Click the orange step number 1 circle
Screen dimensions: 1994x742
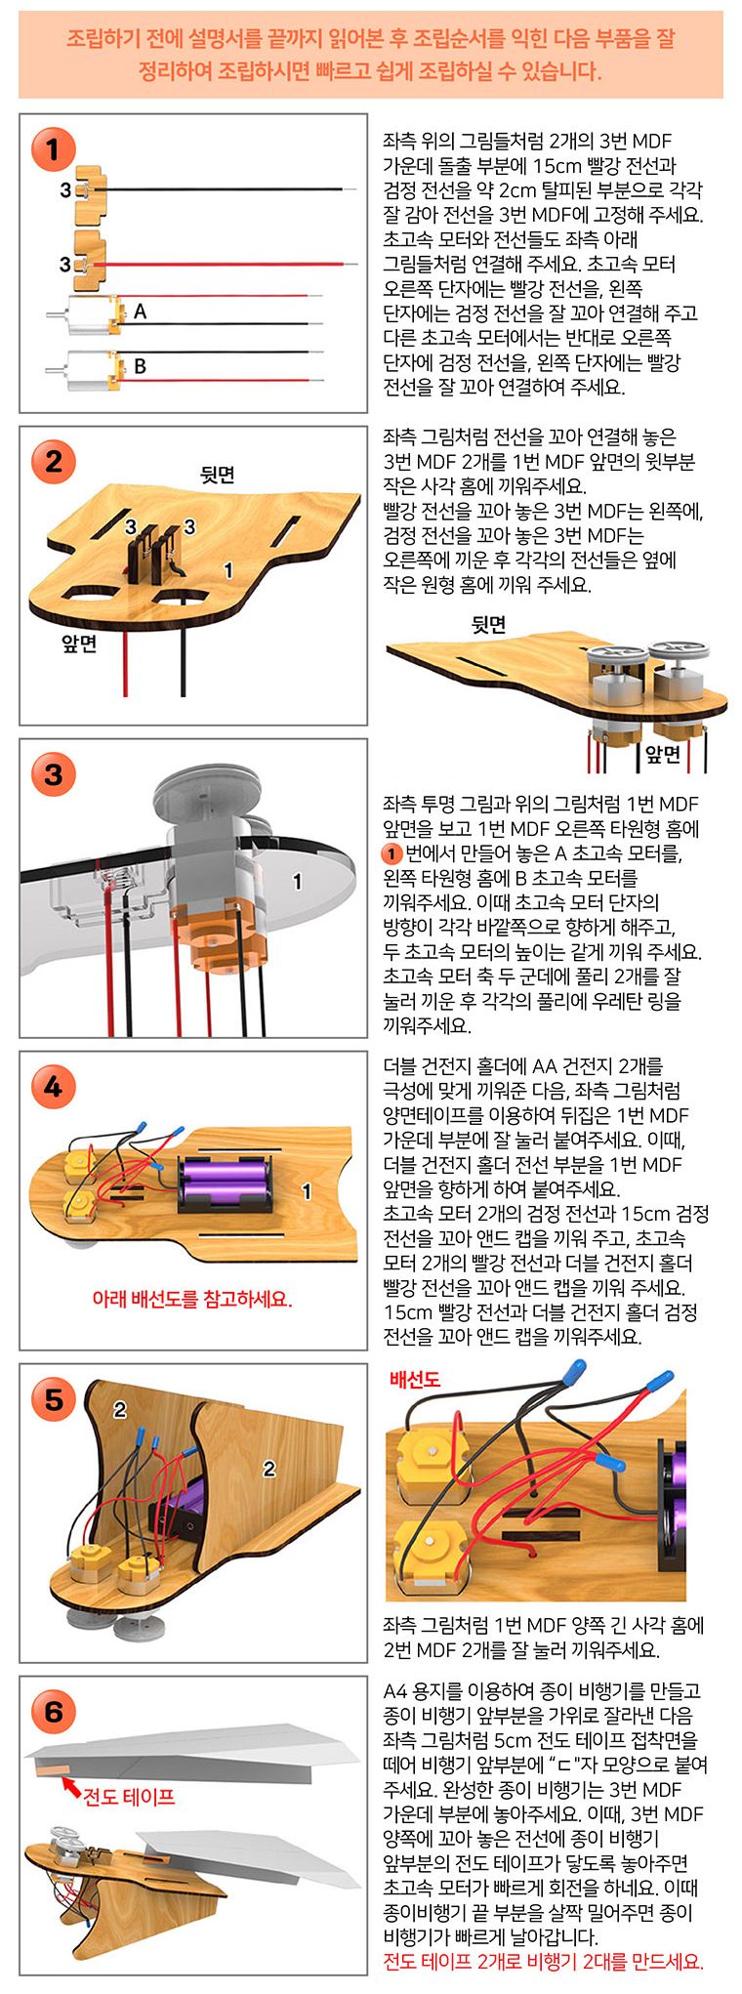(53, 149)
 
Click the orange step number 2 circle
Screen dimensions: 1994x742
(53, 461)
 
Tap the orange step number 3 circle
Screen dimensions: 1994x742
(53, 774)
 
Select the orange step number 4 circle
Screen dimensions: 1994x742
(53, 1087)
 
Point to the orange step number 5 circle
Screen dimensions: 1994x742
(53, 1399)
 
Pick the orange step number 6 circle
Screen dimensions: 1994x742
(53, 1711)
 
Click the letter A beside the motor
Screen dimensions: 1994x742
(140, 312)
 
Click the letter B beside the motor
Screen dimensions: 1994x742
(140, 366)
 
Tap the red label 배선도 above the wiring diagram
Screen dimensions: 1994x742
(415, 1379)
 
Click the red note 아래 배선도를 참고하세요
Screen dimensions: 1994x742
(192, 1299)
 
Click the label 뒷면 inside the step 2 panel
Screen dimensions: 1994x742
(218, 475)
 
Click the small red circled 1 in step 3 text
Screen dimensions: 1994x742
(392, 853)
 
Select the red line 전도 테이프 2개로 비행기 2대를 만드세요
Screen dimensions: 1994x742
(542, 1962)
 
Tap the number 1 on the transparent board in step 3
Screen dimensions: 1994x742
(297, 882)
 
